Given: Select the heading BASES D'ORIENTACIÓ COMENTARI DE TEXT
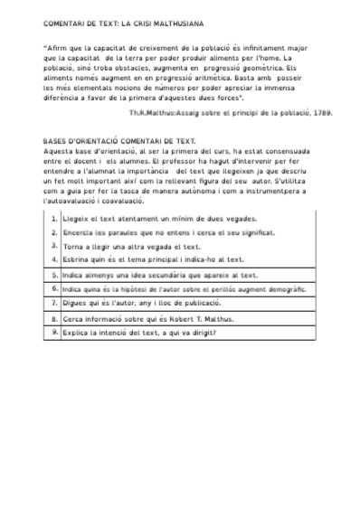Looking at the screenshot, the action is point(118,142).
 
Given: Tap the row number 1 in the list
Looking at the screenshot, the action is point(54,218).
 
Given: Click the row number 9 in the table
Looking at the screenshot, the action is point(54,332).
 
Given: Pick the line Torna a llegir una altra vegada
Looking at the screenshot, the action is point(131,246).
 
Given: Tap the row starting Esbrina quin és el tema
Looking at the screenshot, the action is point(148,259).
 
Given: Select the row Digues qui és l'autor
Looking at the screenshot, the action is point(148,303).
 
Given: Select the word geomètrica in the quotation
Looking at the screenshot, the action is point(271,68).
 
